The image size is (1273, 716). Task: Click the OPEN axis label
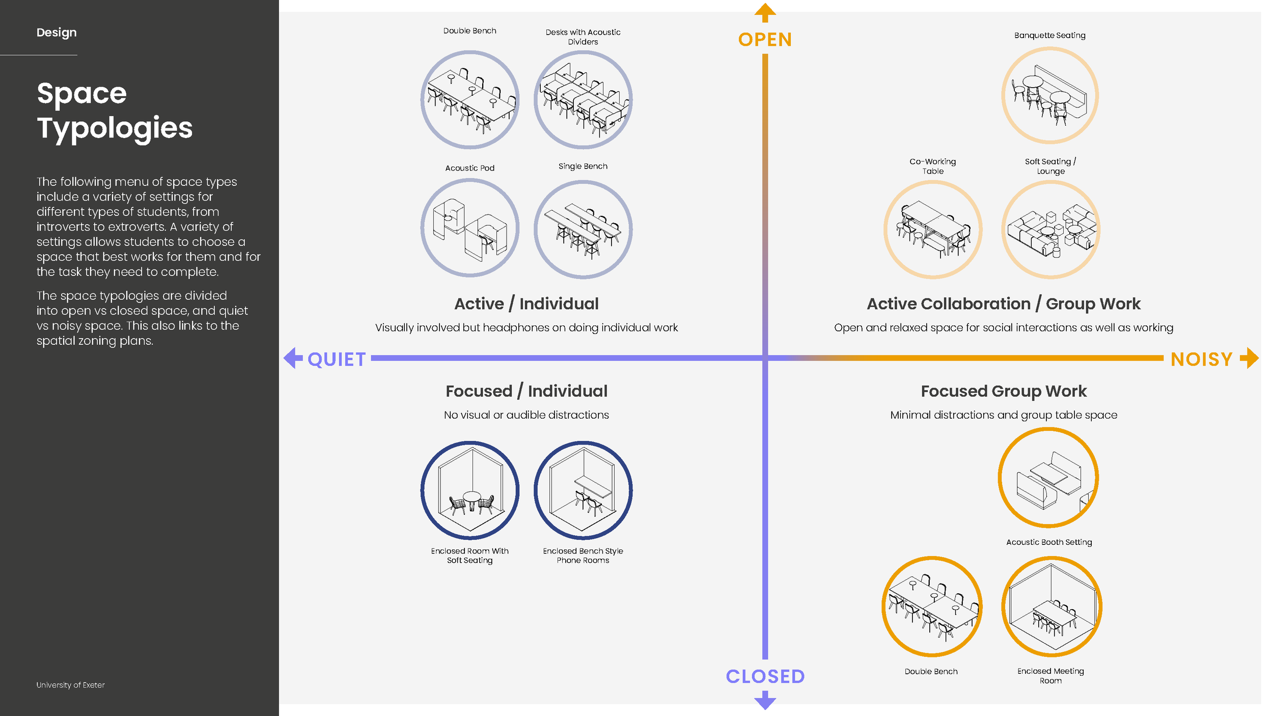765,40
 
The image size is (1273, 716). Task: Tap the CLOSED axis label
765,676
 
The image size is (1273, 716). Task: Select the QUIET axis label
337,360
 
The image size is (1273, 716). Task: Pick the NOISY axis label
1201,360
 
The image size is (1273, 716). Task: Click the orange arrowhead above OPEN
765,12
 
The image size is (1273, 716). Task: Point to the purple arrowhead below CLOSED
765,701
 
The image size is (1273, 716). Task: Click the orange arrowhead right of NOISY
1250,358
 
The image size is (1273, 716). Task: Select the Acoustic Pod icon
470,228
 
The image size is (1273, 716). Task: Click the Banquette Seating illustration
1049,95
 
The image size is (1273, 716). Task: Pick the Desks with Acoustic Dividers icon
583,100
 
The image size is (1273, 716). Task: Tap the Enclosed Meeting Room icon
1051,607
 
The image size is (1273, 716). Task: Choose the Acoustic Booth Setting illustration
1048,478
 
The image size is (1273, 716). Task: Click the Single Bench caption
583,167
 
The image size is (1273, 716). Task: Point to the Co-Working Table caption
933,166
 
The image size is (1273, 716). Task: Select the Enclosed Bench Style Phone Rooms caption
583,556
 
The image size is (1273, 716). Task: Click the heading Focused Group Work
1004,391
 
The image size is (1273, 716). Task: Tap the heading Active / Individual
527,304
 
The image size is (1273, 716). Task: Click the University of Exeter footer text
70,685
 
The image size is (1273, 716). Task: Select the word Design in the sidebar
57,33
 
